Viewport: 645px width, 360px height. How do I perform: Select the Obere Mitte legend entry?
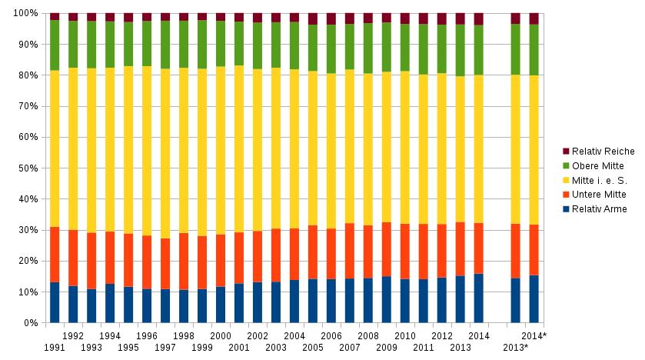coord(597,165)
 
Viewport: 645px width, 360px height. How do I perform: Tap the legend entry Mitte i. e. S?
coord(597,180)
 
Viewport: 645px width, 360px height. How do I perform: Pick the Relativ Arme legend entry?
coord(598,209)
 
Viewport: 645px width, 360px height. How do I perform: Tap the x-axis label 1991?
coord(55,348)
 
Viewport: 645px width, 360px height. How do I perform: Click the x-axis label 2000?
coord(221,336)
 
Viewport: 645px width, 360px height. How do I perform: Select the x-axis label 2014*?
coord(534,336)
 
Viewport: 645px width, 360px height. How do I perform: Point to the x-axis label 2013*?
coord(515,348)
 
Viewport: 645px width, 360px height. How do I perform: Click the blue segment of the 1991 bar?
coord(55,302)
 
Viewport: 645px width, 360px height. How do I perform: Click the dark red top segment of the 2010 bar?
coord(404,18)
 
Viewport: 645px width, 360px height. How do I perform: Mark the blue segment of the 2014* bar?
coord(534,299)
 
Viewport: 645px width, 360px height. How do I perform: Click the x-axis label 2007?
coord(350,348)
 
